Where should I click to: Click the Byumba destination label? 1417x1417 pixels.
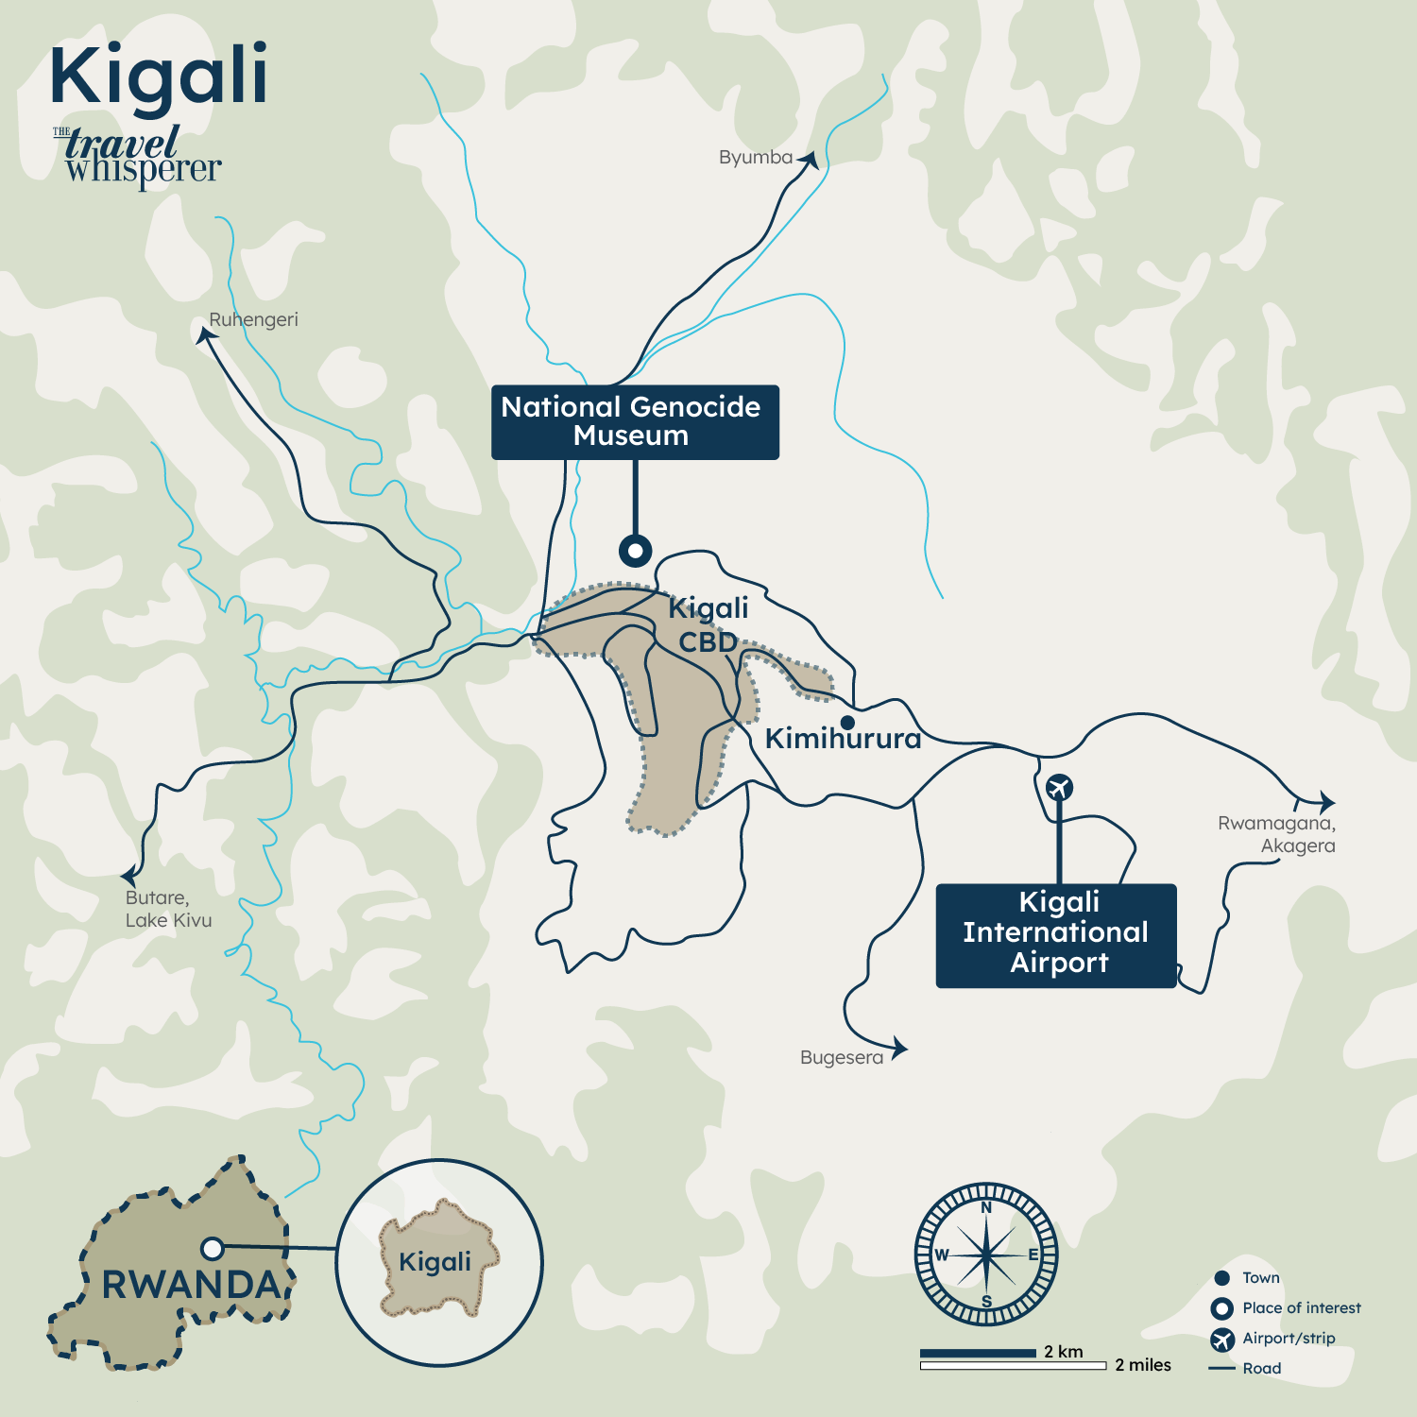[755, 158]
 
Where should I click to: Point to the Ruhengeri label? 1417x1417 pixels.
[253, 320]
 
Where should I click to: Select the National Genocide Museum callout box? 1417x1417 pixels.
[635, 422]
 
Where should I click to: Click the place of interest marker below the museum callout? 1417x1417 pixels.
[635, 550]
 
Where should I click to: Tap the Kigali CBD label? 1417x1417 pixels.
[708, 624]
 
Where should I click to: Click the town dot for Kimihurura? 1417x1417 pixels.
[847, 723]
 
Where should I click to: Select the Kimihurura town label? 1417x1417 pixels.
[843, 739]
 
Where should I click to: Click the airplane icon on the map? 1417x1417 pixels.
[1059, 787]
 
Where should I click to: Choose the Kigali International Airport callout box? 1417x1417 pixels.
[1056, 935]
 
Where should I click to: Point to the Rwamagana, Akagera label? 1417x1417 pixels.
[1277, 834]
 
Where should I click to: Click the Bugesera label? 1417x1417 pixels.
[841, 1058]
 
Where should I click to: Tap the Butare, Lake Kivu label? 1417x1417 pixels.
[168, 909]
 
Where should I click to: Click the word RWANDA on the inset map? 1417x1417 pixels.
[191, 1285]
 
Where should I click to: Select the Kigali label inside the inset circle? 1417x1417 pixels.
[435, 1262]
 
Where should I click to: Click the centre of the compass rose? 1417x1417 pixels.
[986, 1255]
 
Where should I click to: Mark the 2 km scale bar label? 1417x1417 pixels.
[1064, 1352]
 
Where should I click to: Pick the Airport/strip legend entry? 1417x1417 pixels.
[1288, 1339]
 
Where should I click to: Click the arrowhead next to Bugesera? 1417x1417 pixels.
[899, 1047]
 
